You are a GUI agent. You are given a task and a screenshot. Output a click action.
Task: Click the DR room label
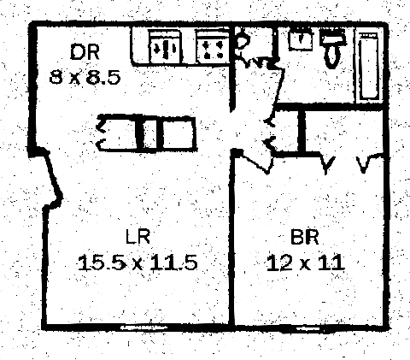tap(85, 52)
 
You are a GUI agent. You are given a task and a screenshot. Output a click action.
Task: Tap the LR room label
tap(138, 237)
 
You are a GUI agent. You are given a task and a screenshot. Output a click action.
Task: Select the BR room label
tap(305, 237)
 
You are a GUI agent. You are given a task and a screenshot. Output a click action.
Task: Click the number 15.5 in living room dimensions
tap(102, 263)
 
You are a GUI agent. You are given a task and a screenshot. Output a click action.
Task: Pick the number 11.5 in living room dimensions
tap(173, 263)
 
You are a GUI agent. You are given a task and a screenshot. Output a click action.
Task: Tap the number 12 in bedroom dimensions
tap(280, 263)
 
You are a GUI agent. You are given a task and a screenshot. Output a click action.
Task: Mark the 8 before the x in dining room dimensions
tap(56, 77)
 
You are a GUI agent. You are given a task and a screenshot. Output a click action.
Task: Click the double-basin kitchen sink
tap(165, 48)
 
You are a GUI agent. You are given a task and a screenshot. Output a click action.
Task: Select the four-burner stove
tap(213, 48)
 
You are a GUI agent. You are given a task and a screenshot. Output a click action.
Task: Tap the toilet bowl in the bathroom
tap(332, 56)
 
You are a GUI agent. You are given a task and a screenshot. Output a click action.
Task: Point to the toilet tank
tap(333, 38)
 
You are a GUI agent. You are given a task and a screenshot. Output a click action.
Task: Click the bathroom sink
tap(301, 40)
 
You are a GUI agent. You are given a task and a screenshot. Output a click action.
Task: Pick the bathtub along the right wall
tap(369, 67)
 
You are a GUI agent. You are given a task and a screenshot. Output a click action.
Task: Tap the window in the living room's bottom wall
tap(143, 328)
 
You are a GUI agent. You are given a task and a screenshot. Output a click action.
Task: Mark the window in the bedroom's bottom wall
tap(309, 328)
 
